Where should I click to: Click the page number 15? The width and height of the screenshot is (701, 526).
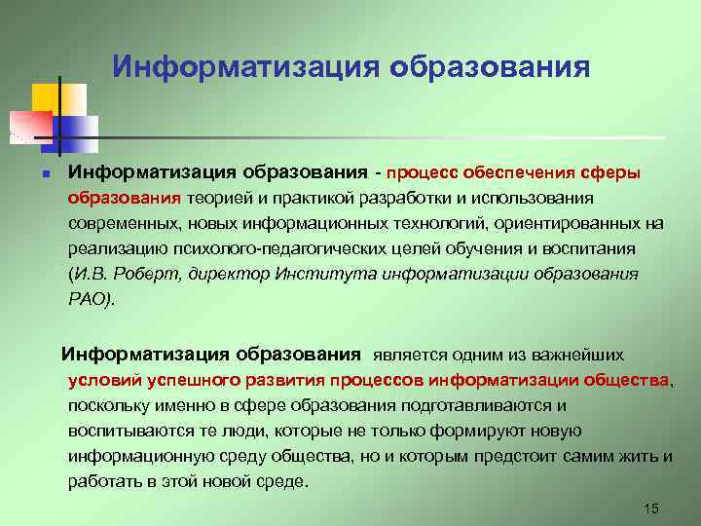coord(652,508)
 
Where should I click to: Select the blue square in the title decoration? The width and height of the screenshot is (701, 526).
coord(78,127)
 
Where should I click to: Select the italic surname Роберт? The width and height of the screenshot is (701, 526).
coord(136,275)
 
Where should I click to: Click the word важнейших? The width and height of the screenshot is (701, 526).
coord(575,354)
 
